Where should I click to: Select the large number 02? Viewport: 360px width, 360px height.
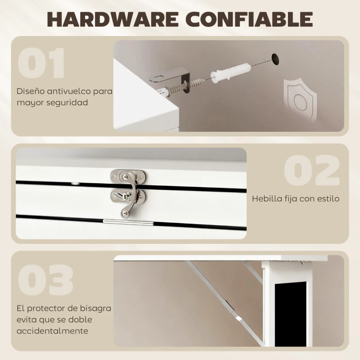(x=312, y=171)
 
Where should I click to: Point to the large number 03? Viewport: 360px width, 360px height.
(x=46, y=280)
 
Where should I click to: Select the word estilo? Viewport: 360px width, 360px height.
(x=328, y=198)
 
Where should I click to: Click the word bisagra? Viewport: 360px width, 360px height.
(x=95, y=309)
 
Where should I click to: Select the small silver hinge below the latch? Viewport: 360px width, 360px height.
(x=128, y=221)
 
